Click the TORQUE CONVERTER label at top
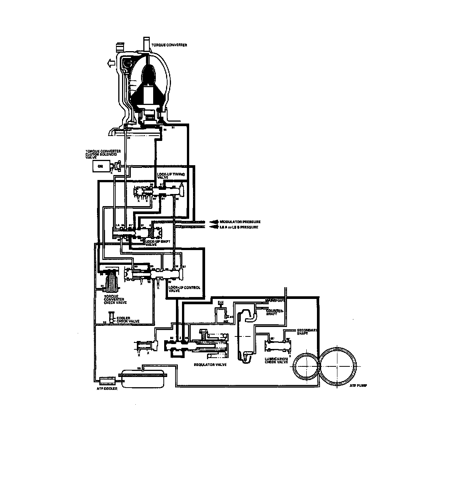pyautogui.click(x=169, y=45)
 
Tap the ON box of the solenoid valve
pyautogui.click(x=100, y=166)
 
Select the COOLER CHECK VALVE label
pyautogui.click(x=128, y=319)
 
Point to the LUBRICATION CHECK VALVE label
pyautogui.click(x=276, y=360)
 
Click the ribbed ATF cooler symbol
pyautogui.click(x=107, y=380)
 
